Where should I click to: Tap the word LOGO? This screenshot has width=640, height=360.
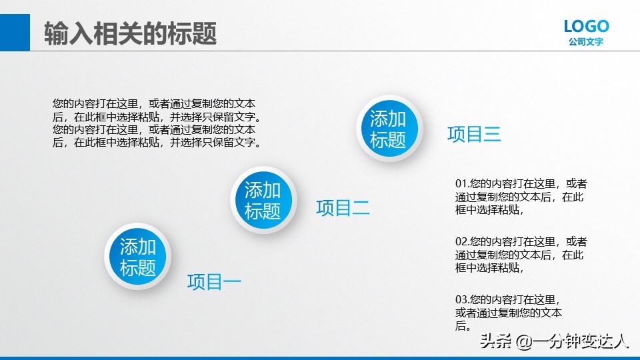coord(586,26)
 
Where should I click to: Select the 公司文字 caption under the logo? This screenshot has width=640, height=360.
coord(586,41)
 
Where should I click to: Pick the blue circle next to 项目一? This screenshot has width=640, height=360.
coord(138,257)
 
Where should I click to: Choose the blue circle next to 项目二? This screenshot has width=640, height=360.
coord(263,200)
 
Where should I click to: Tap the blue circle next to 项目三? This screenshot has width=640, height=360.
coord(388,129)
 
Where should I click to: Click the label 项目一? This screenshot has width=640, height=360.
coord(214,282)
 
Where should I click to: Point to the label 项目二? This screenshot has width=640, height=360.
coord(343,208)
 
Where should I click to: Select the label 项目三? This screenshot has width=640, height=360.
coord(473,134)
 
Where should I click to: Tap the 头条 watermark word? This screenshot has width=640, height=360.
coord(496,342)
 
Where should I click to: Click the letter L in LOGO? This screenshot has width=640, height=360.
coord(569,26)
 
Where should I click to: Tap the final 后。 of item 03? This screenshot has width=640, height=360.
coord(464,326)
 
